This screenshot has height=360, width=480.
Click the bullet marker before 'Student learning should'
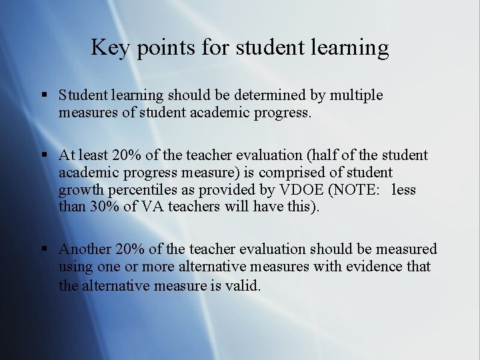[44, 95]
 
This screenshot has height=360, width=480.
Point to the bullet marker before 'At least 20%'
[44, 155]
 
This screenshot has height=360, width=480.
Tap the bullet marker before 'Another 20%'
[44, 249]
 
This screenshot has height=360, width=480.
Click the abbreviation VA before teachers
[152, 207]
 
